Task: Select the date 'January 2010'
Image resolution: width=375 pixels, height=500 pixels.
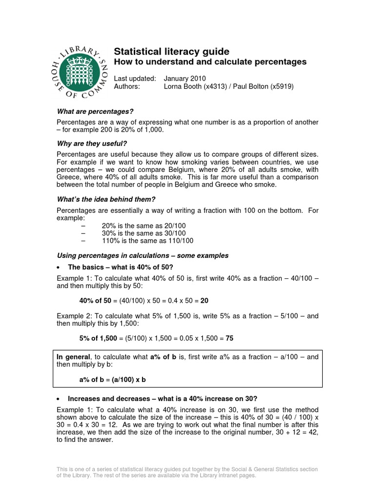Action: click(x=185, y=78)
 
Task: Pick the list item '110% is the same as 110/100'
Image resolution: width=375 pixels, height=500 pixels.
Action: click(x=147, y=241)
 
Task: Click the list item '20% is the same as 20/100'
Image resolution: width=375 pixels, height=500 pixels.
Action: click(x=144, y=226)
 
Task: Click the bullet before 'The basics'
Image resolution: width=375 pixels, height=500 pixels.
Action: click(x=59, y=268)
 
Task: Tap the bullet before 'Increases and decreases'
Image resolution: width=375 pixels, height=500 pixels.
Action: click(x=59, y=398)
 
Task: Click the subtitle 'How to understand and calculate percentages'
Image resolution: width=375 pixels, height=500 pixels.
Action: click(x=210, y=62)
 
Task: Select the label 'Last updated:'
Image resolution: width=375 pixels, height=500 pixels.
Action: click(x=135, y=78)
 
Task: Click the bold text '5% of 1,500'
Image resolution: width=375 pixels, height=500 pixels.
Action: click(x=98, y=338)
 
